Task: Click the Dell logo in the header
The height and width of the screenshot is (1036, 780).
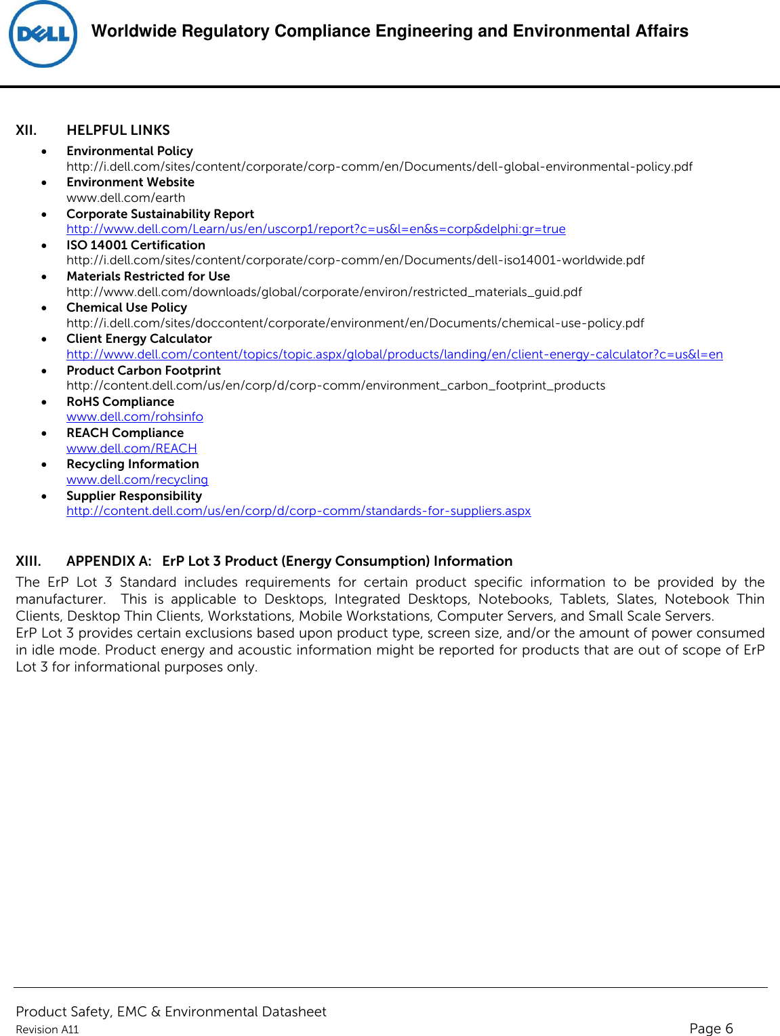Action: [x=43, y=34]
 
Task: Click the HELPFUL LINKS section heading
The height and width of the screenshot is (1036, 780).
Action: [x=118, y=130]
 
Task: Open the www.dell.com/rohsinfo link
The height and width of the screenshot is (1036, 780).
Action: [x=134, y=417]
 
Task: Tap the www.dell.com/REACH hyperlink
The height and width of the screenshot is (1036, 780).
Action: [x=131, y=449]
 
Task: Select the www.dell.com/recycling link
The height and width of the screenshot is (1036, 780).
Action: [x=137, y=480]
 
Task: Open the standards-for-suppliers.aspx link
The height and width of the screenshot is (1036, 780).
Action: [x=298, y=511]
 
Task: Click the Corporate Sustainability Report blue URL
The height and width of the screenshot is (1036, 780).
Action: [x=316, y=229]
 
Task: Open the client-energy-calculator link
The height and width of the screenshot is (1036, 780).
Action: [x=394, y=354]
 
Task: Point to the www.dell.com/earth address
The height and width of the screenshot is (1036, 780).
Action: [x=125, y=198]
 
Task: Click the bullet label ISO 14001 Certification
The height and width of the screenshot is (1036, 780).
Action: [x=136, y=245]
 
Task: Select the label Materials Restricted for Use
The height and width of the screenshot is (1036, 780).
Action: [x=148, y=276]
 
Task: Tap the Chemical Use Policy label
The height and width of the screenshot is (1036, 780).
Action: [x=127, y=308]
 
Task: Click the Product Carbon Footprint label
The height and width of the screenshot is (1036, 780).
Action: [x=144, y=371]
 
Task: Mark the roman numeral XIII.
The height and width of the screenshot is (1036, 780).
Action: [x=28, y=561]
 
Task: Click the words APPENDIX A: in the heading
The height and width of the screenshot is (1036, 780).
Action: [x=108, y=561]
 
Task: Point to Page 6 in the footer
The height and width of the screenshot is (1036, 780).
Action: [x=711, y=1028]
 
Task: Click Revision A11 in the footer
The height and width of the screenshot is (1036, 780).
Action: [x=47, y=1029]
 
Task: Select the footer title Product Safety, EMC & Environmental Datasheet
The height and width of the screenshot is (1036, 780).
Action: [x=171, y=1012]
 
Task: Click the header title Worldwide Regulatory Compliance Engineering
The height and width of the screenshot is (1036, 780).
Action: [x=390, y=31]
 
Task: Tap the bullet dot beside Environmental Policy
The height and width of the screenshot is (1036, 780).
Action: [x=44, y=152]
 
